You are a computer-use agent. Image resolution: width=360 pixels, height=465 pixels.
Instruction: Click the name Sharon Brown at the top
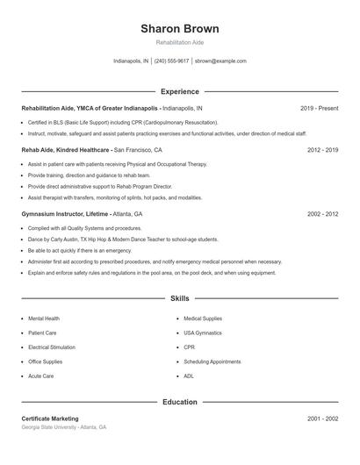pyautogui.click(x=179, y=28)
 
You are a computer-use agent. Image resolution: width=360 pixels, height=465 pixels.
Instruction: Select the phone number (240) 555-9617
pyautogui.click(x=172, y=61)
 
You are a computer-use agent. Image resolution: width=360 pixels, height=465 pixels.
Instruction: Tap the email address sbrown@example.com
pyautogui.click(x=220, y=61)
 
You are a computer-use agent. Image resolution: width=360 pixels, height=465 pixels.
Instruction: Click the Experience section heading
pyautogui.click(x=179, y=91)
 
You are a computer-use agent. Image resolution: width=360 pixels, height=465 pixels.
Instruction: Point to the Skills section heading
pyautogui.click(x=179, y=299)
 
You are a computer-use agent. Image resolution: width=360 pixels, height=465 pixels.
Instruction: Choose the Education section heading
pyautogui.click(x=179, y=402)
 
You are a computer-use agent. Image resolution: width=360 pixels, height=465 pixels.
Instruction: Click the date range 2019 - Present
pyautogui.click(x=319, y=108)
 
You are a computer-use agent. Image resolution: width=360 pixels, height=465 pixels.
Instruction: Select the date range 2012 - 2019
pyautogui.click(x=322, y=150)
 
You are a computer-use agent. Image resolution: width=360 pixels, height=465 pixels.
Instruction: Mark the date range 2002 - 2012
pyautogui.click(x=322, y=213)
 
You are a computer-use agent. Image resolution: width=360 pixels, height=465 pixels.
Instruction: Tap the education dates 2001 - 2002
pyautogui.click(x=322, y=418)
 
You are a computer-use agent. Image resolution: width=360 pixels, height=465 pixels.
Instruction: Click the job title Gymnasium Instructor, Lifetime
pyautogui.click(x=65, y=213)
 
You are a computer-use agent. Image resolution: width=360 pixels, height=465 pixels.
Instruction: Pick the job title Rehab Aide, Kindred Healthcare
pyautogui.click(x=66, y=150)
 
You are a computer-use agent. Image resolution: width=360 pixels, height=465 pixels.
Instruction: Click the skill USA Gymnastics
pyautogui.click(x=204, y=333)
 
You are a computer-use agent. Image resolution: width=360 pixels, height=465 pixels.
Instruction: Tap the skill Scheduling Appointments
pyautogui.click(x=212, y=361)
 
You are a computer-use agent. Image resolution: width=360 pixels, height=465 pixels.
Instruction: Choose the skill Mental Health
pyautogui.click(x=44, y=318)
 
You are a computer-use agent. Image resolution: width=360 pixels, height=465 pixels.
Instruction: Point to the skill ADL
pyautogui.click(x=189, y=376)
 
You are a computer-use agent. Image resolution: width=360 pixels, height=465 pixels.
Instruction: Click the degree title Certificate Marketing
pyautogui.click(x=50, y=418)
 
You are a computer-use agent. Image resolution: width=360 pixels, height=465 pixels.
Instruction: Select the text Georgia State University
pyautogui.click(x=49, y=427)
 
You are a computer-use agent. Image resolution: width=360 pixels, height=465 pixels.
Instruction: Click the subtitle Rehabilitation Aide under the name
pyautogui.click(x=179, y=42)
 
